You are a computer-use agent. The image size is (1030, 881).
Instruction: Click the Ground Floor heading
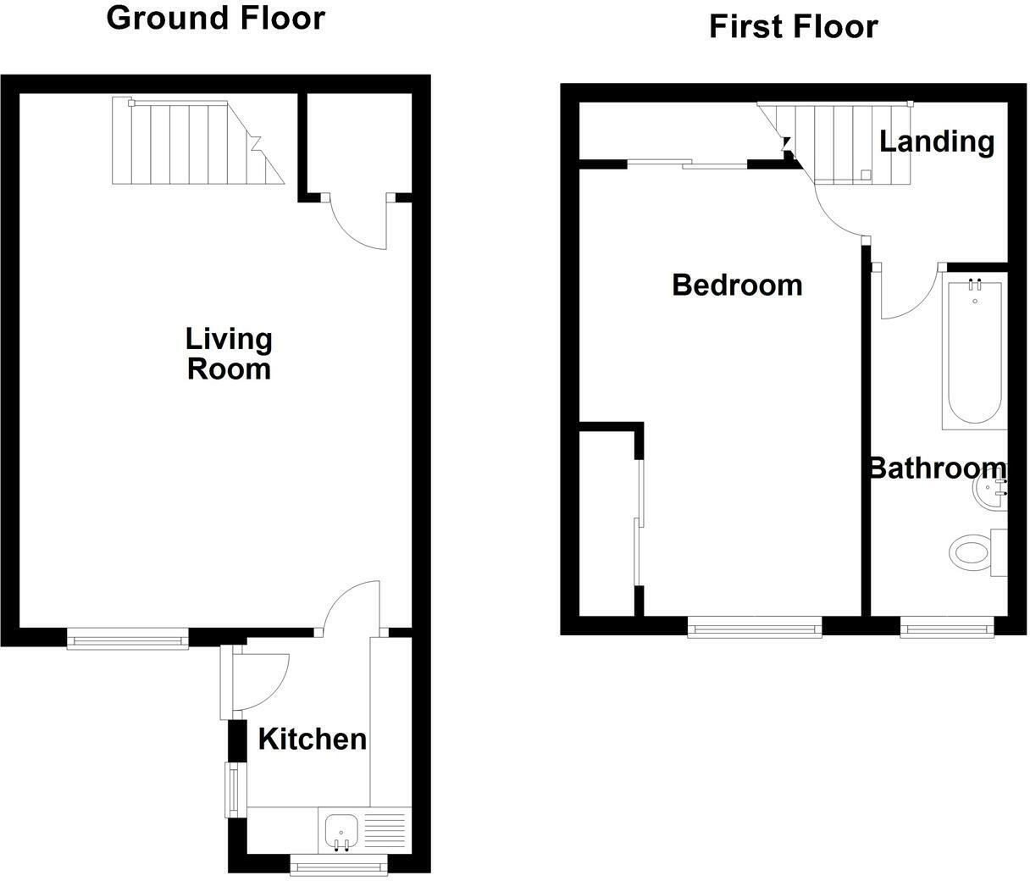tap(215, 18)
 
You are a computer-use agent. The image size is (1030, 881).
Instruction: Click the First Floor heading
tap(793, 27)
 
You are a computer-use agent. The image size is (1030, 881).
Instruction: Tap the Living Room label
tap(229, 354)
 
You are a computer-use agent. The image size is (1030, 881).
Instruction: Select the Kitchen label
tap(312, 740)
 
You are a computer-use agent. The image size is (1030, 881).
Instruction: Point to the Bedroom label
tap(737, 285)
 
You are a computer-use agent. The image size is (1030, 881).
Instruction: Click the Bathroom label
tap(937, 468)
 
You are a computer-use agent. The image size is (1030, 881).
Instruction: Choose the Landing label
tap(937, 141)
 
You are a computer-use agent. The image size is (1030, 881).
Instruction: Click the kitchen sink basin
tap(341, 830)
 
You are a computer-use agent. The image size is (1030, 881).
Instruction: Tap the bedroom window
tap(755, 628)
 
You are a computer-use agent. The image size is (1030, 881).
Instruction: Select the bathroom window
tap(946, 628)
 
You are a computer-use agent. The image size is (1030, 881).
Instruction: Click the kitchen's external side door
tap(254, 682)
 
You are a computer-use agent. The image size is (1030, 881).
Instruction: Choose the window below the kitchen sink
tap(339, 865)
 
